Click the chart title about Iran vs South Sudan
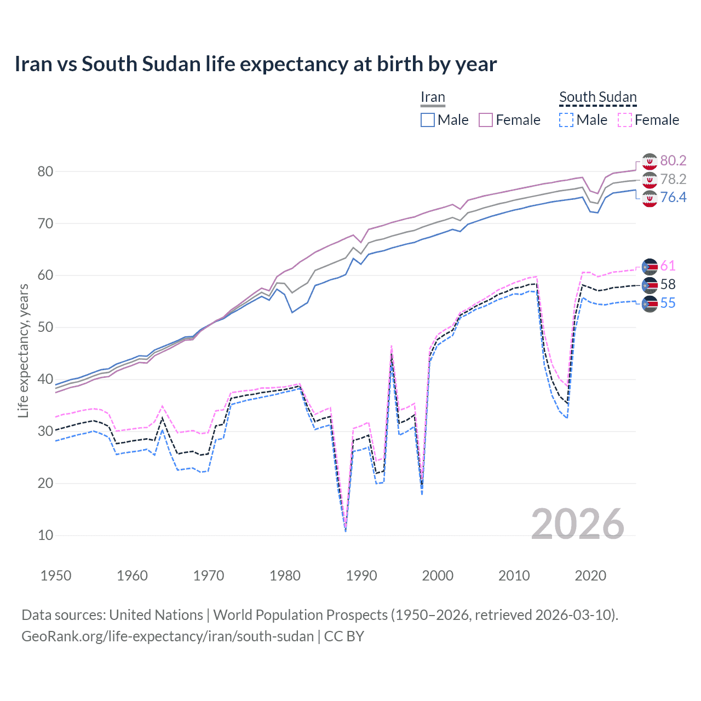click(x=255, y=64)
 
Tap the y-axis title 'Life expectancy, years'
click(x=23, y=350)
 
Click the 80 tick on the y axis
click(x=45, y=171)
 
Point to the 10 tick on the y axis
click(x=45, y=535)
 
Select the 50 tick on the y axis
click(x=45, y=327)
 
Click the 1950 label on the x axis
click(x=56, y=576)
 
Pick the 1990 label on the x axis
click(x=361, y=576)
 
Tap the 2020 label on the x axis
click(x=590, y=576)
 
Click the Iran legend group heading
click(x=433, y=97)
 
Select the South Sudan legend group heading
click(x=597, y=97)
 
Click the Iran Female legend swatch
click(x=486, y=120)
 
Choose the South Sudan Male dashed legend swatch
click(x=566, y=120)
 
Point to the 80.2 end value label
click(x=673, y=160)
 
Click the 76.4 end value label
click(x=673, y=197)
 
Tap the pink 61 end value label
click(x=668, y=266)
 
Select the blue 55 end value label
click(x=668, y=303)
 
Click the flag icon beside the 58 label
click(x=650, y=285)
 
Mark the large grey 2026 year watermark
click(x=578, y=524)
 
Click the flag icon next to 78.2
click(x=650, y=180)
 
